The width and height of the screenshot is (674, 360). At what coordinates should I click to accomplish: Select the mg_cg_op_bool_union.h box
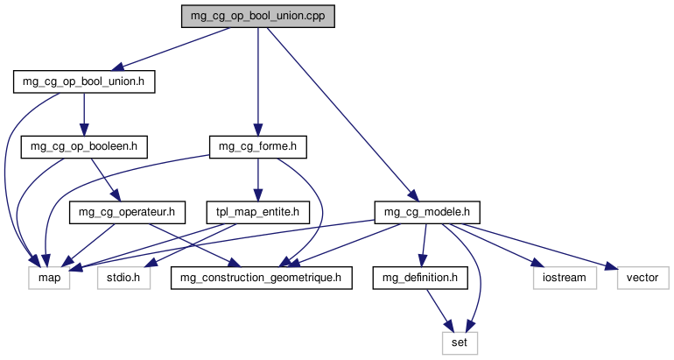click(x=84, y=81)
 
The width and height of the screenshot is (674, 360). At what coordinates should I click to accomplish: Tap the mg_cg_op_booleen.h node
click(x=84, y=146)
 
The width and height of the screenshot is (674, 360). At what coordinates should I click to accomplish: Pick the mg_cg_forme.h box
click(x=257, y=146)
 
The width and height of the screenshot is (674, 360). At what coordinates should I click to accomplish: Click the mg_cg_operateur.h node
click(x=128, y=211)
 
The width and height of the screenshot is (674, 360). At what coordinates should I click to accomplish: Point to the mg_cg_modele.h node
click(x=427, y=211)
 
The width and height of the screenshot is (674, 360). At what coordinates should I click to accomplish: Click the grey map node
click(x=49, y=277)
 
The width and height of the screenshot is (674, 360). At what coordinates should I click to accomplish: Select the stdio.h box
click(x=123, y=277)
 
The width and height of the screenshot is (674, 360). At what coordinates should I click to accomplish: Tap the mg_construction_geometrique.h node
click(x=268, y=277)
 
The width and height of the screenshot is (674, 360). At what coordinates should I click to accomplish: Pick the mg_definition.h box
click(x=419, y=277)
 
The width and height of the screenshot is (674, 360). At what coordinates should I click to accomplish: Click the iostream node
click(x=565, y=277)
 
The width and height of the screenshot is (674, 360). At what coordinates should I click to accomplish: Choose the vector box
click(x=643, y=277)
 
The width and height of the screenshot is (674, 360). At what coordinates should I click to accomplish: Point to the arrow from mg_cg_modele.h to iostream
click(x=499, y=244)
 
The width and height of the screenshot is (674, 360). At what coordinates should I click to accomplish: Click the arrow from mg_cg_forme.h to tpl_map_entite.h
click(x=257, y=179)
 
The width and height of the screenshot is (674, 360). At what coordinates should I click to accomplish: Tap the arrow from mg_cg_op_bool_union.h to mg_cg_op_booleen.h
click(x=84, y=114)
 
